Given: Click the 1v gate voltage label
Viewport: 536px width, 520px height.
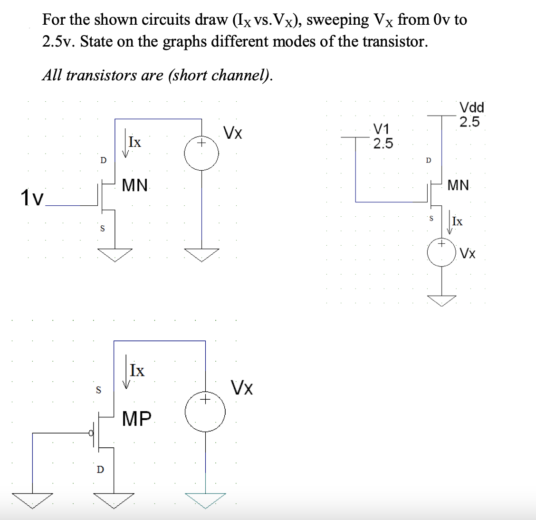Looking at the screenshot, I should click(x=31, y=198).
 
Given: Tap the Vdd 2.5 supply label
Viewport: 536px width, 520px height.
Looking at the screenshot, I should click(x=471, y=115).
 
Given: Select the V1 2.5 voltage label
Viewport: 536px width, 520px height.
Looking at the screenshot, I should click(x=383, y=136).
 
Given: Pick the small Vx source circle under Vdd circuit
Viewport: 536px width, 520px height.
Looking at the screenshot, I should click(x=442, y=253).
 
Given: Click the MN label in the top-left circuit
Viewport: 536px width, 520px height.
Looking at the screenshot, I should click(x=135, y=185).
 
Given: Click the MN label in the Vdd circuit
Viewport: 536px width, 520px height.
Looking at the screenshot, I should click(x=459, y=185).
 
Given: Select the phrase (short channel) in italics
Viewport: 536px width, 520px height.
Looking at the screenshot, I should click(x=219, y=75).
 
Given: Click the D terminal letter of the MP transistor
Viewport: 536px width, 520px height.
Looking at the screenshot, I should click(x=100, y=470).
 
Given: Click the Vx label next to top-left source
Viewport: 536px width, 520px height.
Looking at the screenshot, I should click(x=232, y=133).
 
